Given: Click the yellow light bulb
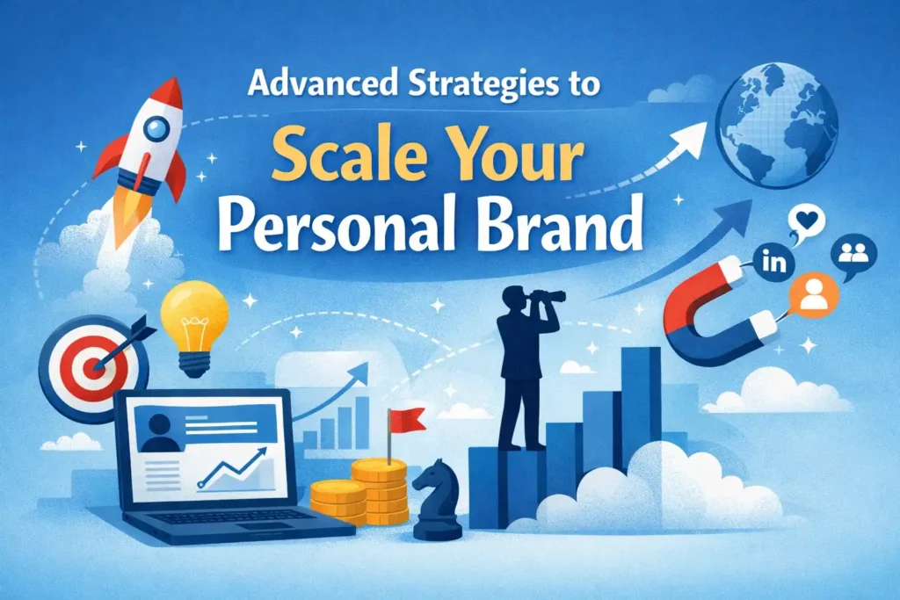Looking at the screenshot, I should click(194, 322).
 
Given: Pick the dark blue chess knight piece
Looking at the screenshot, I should click(436, 499).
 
